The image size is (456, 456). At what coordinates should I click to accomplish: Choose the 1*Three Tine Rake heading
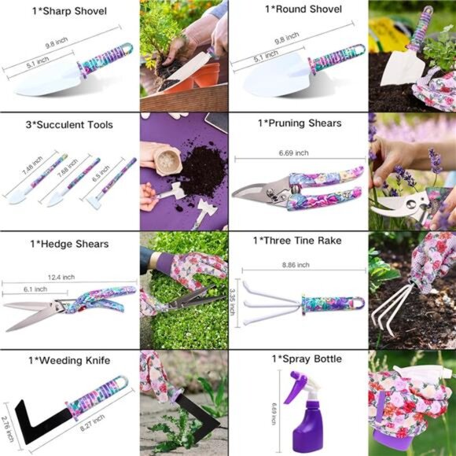click(x=299, y=241)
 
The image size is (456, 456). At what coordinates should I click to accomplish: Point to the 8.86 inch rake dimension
click(x=300, y=267)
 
